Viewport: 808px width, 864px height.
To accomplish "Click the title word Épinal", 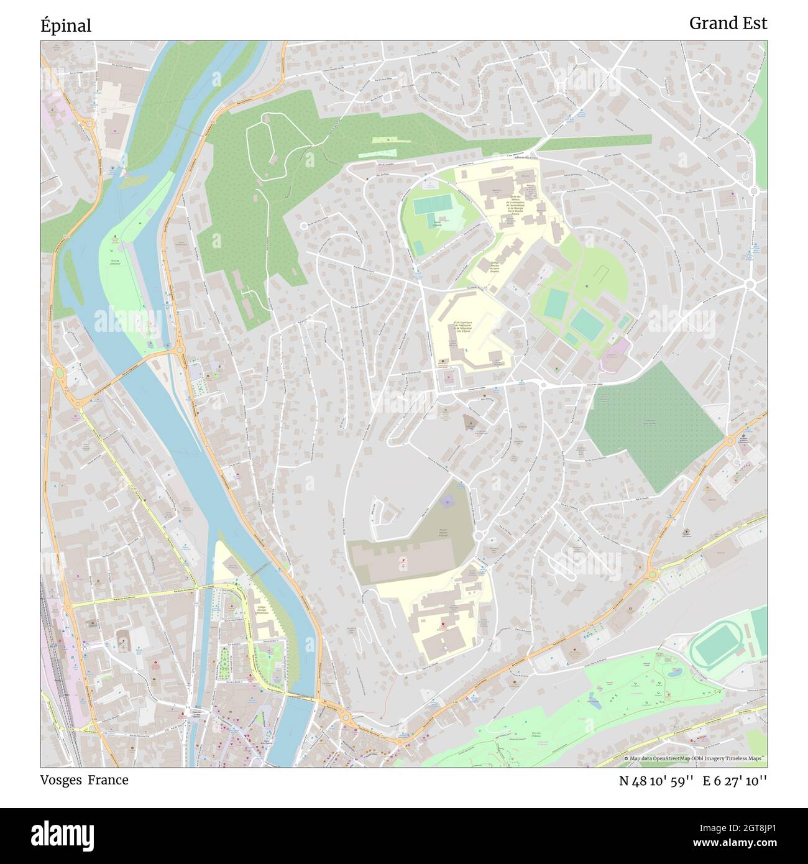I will click(66, 25).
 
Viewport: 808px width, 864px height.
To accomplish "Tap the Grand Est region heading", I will click(728, 24).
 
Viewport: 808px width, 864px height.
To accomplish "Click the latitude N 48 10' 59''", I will click(656, 781).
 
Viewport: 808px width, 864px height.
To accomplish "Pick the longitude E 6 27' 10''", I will click(735, 781).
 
